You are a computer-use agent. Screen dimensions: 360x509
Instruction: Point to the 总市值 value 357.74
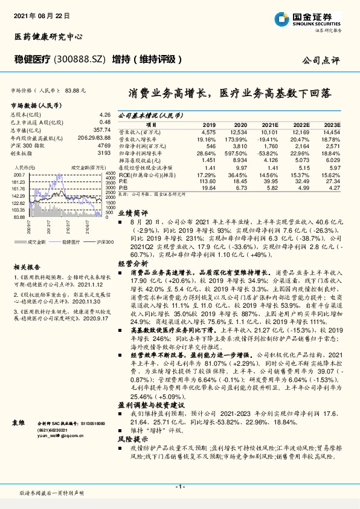(103, 130)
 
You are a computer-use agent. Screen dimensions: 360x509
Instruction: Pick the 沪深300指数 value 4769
(105, 146)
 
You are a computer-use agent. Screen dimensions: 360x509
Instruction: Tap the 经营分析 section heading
(132, 264)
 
